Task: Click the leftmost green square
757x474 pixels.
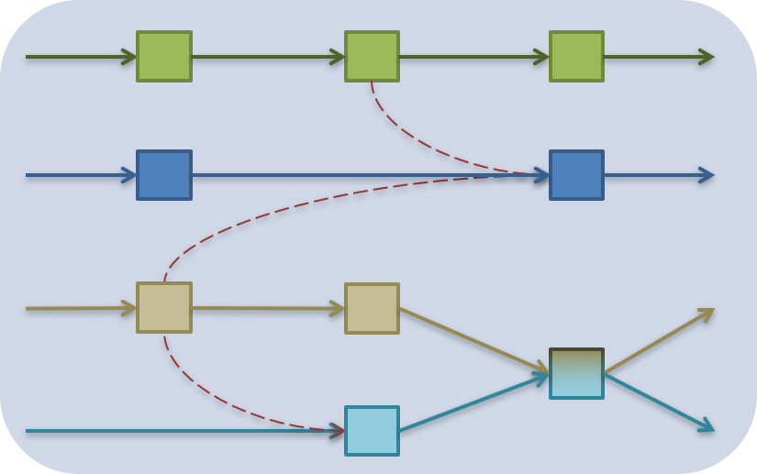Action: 164,57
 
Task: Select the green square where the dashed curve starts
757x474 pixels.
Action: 372,57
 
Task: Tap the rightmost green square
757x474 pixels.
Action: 576,57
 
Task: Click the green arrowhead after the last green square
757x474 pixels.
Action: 707,57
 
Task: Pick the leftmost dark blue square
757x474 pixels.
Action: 164,175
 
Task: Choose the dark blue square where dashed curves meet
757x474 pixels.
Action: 576,175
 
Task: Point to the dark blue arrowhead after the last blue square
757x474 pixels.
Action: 707,175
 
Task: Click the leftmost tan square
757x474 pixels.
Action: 164,308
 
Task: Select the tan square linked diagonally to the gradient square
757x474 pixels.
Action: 372,309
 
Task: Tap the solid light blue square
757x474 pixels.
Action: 372,431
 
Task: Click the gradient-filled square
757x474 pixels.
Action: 576,374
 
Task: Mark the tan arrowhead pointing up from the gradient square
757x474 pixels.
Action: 706,314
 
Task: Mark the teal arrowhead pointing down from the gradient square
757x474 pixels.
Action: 706,426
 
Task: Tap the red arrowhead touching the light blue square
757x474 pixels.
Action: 338,429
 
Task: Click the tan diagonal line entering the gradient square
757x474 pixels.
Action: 473,340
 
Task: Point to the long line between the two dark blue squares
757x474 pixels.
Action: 367,175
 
